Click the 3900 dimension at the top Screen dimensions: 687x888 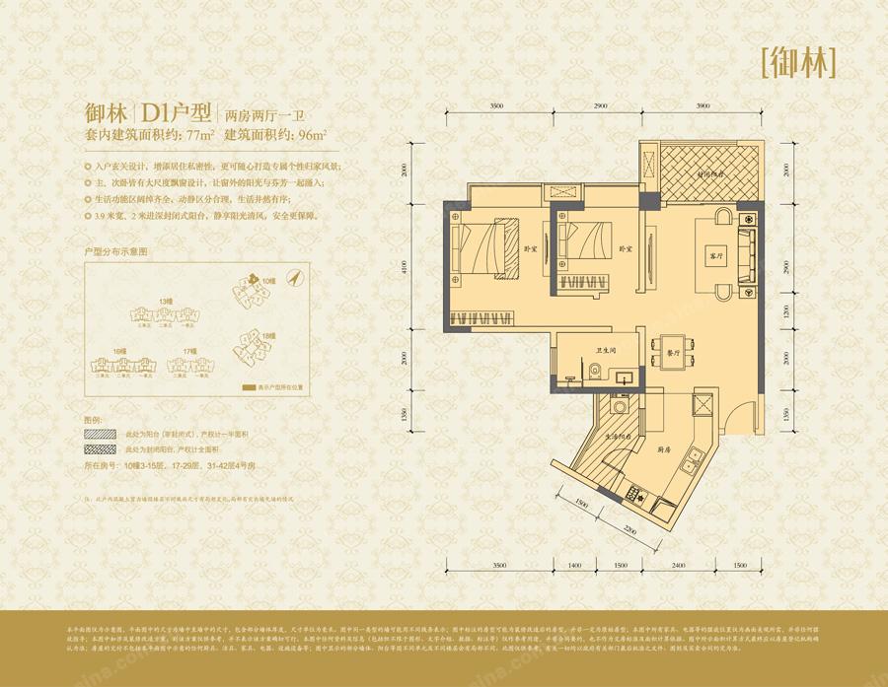703,105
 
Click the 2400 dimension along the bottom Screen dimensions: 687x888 679,565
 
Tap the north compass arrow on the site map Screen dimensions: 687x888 294,278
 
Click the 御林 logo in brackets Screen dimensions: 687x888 800,62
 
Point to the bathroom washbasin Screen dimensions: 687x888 625,377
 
